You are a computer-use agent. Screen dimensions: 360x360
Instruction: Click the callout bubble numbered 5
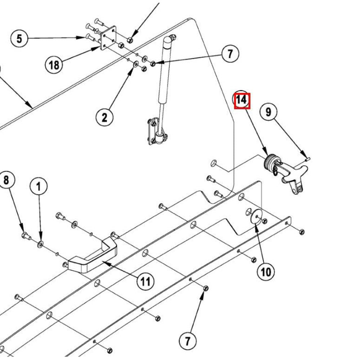coord(19,38)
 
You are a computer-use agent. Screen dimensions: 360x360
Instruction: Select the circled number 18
coord(54,65)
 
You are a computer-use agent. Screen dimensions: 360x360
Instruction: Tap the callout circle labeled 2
coord(104,117)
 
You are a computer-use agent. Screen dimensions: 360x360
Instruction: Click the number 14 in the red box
coord(242,100)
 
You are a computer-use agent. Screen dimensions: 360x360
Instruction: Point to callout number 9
coord(269,112)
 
